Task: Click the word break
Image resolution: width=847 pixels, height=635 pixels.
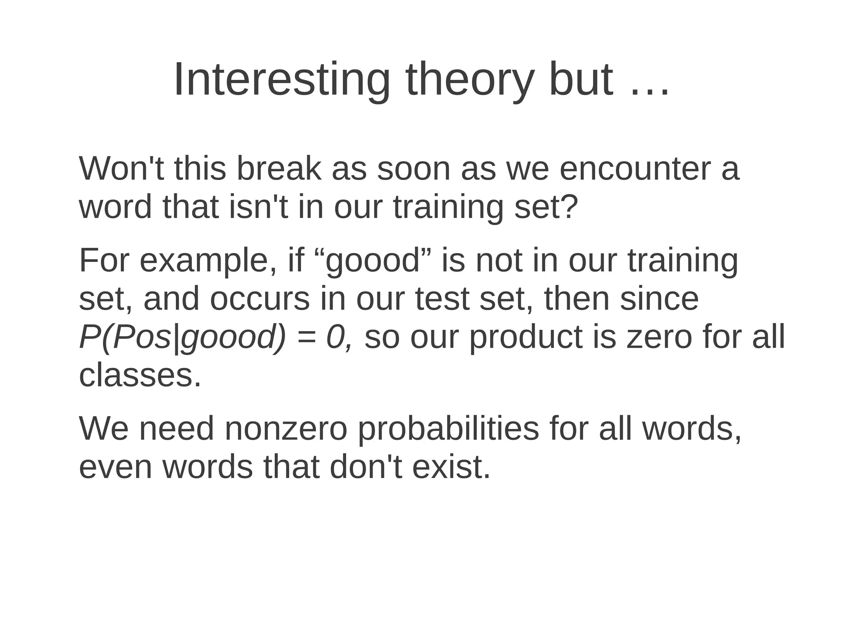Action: [x=278, y=169]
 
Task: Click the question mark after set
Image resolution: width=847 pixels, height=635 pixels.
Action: [x=570, y=207]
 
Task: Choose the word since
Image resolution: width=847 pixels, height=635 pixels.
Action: [x=659, y=299]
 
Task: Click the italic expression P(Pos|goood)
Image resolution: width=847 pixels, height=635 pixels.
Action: [x=182, y=337]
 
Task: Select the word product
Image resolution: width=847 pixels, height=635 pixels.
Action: [x=526, y=337]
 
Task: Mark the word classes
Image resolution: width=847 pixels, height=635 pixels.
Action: [x=139, y=375]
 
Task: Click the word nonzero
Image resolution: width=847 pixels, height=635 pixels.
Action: [x=286, y=429]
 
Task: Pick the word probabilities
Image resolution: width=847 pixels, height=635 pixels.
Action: [x=448, y=429]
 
